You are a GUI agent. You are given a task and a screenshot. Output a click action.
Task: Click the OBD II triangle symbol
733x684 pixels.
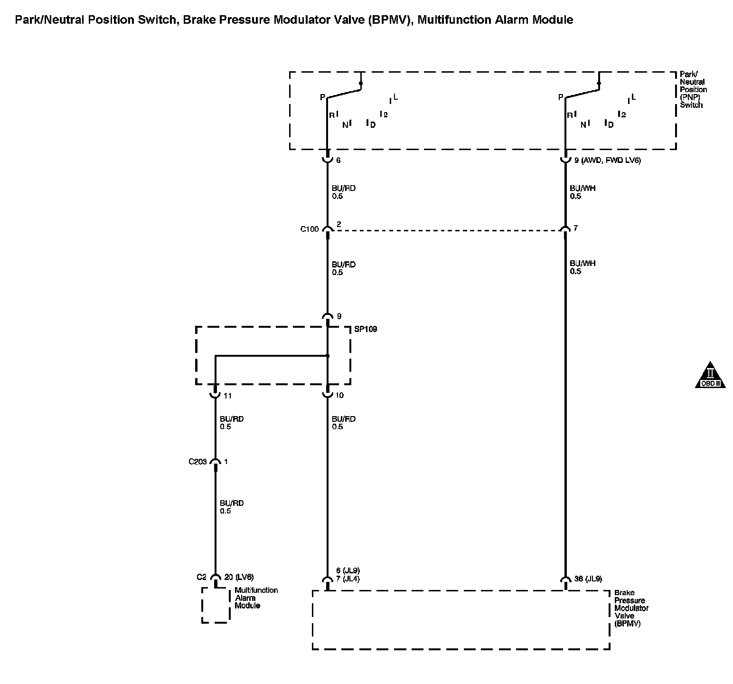710,376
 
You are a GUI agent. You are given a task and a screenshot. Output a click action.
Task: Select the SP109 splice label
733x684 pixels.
366,329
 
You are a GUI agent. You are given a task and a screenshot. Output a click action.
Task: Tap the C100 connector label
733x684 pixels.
309,229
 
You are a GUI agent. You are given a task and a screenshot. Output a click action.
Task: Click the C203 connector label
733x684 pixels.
197,461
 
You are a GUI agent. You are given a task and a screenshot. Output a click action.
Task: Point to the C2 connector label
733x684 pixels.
202,577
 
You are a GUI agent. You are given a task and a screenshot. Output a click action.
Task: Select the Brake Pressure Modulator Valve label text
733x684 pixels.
631,608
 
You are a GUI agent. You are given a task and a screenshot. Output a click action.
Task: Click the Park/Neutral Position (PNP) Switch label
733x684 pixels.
693,89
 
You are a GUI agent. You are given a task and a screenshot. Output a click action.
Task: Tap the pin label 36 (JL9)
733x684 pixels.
588,579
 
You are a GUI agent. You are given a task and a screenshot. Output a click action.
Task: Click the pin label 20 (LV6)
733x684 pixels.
239,577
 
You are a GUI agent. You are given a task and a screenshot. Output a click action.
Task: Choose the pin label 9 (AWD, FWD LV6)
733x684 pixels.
607,161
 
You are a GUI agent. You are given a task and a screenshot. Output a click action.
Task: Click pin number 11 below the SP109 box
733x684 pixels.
227,395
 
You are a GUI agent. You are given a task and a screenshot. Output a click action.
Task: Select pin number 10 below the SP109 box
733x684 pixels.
339,395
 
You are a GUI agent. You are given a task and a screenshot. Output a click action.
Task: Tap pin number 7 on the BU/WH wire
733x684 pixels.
575,228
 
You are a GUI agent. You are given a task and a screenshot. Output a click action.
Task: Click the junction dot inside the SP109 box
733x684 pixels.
328,356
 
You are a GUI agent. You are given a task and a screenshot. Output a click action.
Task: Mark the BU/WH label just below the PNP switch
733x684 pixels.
583,188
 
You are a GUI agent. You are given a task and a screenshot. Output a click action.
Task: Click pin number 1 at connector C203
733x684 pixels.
226,461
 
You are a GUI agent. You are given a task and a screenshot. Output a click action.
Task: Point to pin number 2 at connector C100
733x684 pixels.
338,224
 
